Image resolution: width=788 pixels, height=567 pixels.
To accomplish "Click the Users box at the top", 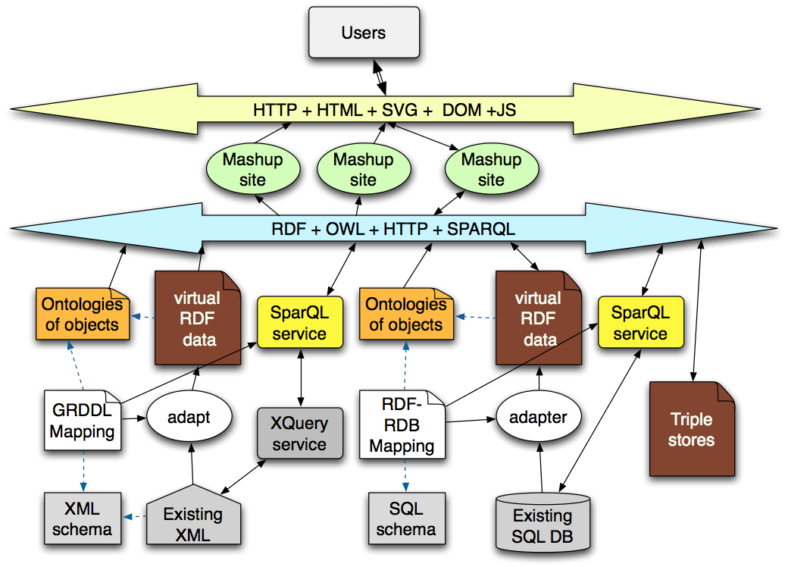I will pyautogui.click(x=364, y=33).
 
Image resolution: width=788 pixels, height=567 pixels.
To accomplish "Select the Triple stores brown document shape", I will pyautogui.click(x=691, y=430).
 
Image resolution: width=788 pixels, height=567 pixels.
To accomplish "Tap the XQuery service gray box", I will pyautogui.click(x=299, y=434).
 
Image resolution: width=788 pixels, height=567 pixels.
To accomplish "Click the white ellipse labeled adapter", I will pyautogui.click(x=539, y=417).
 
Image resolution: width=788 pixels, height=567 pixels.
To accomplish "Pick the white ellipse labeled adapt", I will pyautogui.click(x=189, y=417).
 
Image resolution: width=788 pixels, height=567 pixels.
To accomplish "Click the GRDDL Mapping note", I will pyautogui.click(x=82, y=421).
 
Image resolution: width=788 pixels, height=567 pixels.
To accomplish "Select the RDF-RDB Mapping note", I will pyautogui.click(x=402, y=424).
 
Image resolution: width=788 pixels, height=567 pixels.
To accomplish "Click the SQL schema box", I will pyautogui.click(x=405, y=518).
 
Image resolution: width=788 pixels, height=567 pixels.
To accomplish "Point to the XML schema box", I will pyautogui.click(x=82, y=518).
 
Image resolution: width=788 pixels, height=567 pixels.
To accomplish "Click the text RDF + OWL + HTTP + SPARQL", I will pyautogui.click(x=392, y=228).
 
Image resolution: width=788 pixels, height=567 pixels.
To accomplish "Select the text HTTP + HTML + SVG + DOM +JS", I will pyautogui.click(x=384, y=110).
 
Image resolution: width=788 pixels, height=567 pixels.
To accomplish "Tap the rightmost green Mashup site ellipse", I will pyautogui.click(x=491, y=170).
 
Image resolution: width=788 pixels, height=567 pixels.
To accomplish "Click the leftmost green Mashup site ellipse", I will pyautogui.click(x=252, y=170).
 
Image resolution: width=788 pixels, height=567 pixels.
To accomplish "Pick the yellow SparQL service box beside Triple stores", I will pyautogui.click(x=640, y=323).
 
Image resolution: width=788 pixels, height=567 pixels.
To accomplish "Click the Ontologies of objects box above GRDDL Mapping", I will pyautogui.click(x=82, y=315).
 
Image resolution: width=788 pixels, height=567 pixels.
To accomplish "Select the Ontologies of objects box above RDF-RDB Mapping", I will pyautogui.click(x=405, y=315).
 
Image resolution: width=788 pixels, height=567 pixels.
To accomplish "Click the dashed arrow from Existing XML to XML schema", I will pyautogui.click(x=135, y=517).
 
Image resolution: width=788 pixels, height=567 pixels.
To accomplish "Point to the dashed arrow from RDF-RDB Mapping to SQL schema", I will pyautogui.click(x=405, y=475).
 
